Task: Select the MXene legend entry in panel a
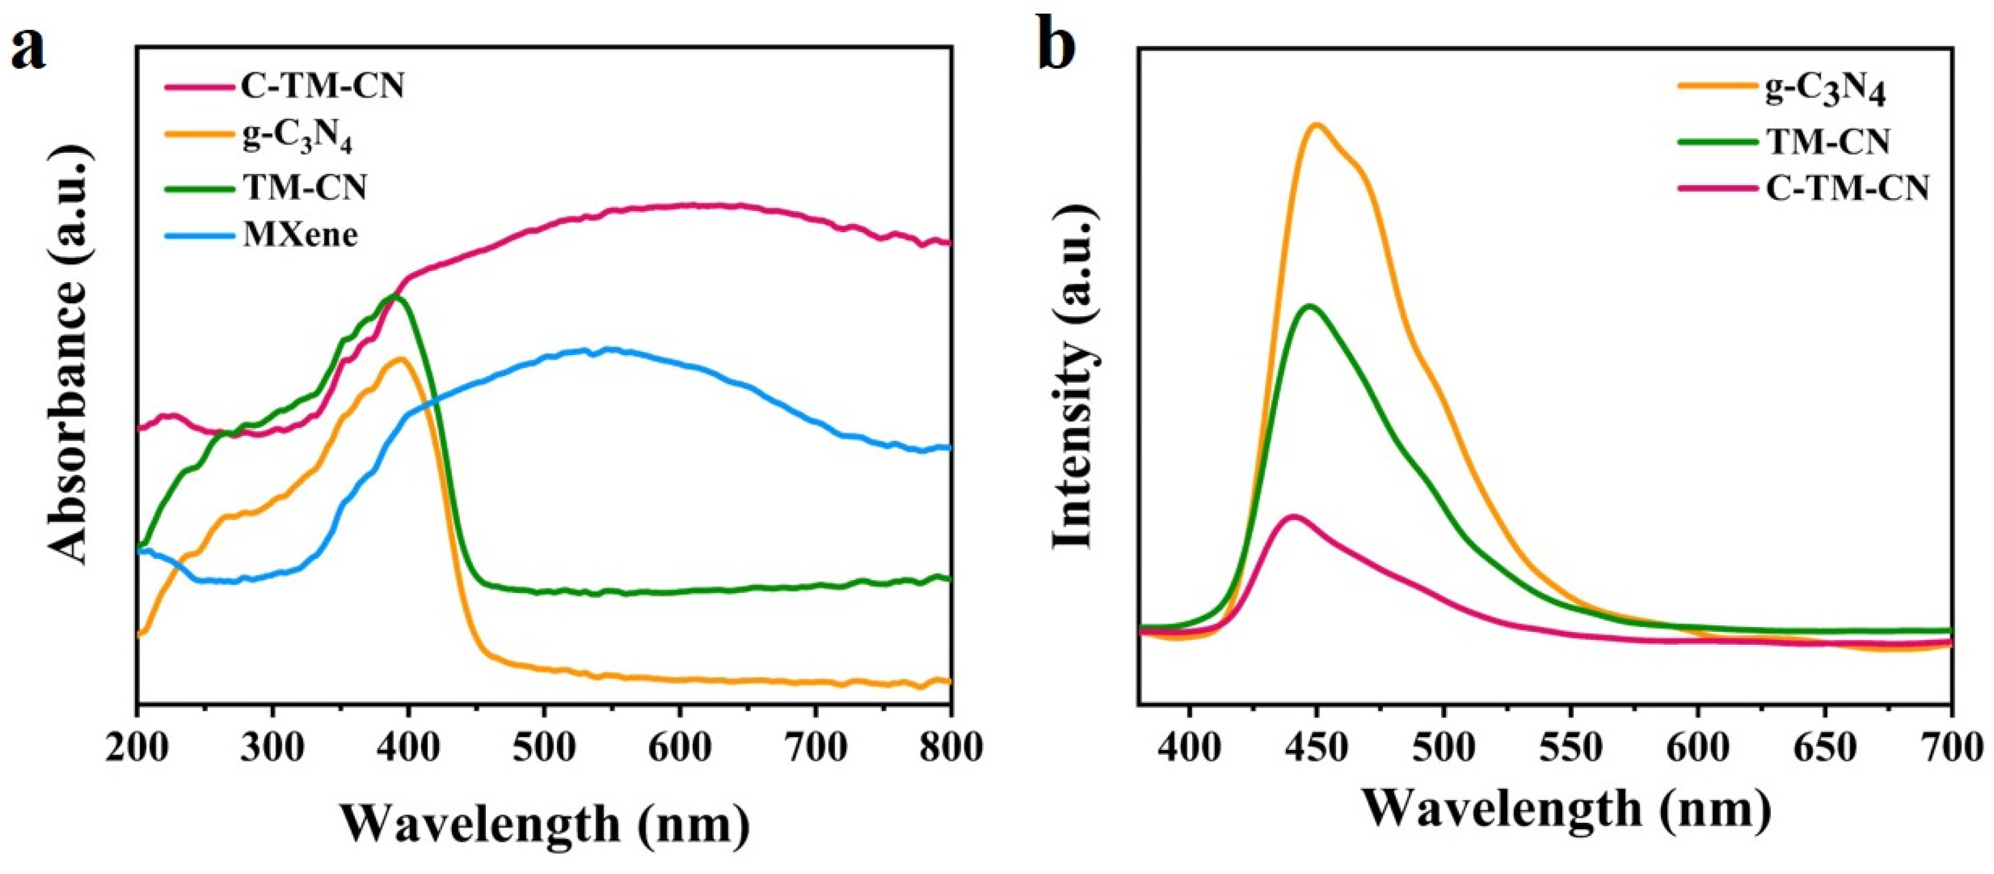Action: pyautogui.click(x=300, y=234)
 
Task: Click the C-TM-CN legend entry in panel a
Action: pyautogui.click(x=324, y=87)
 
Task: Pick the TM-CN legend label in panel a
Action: pyautogui.click(x=304, y=187)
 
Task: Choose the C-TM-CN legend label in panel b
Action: pyautogui.click(x=1847, y=188)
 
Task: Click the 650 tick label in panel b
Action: pyautogui.click(x=1825, y=748)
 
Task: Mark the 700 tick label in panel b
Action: pyautogui.click(x=1952, y=748)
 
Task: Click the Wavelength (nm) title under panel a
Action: pyautogui.click(x=545, y=822)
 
